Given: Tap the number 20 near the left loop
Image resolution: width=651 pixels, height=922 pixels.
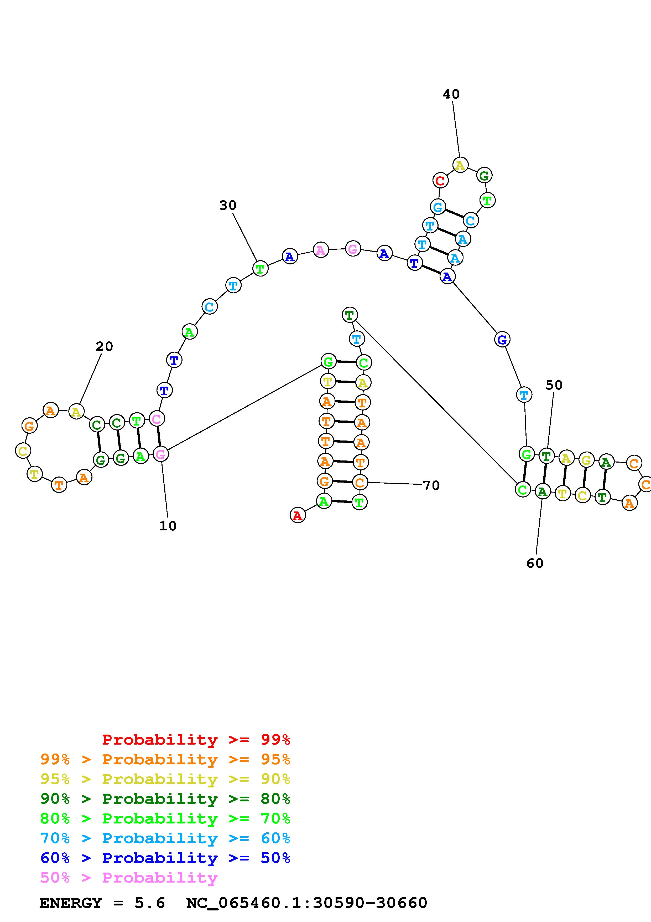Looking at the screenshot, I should [x=104, y=346].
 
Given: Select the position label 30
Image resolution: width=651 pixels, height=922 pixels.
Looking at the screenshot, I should [x=228, y=205].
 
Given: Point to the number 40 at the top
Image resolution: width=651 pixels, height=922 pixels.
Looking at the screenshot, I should [x=451, y=94].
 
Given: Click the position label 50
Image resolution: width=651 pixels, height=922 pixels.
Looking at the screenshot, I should [x=554, y=385].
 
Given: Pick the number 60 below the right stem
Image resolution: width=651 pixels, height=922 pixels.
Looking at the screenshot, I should [x=535, y=564].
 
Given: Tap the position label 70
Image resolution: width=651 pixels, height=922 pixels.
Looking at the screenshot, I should [x=431, y=485].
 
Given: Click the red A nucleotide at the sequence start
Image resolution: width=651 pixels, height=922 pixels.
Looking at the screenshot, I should [x=297, y=515].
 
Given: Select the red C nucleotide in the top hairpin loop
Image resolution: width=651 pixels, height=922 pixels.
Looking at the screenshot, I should [x=440, y=181].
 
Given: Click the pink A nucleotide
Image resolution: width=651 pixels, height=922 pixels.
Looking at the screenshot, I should [x=320, y=250].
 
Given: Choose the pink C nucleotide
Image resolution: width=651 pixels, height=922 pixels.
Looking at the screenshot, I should [x=157, y=419].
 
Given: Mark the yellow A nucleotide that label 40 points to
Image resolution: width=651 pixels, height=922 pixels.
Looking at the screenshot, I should [x=460, y=165].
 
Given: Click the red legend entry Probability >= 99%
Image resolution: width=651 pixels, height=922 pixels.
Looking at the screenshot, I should [x=196, y=739].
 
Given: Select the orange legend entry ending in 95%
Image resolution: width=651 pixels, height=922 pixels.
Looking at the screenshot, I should [x=165, y=759].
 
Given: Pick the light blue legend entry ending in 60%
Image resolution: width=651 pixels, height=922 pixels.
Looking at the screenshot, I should [x=165, y=838].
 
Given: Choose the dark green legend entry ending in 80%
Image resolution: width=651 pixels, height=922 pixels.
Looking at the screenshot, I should [x=165, y=799].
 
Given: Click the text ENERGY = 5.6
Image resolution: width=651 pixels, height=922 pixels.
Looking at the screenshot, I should [x=102, y=903].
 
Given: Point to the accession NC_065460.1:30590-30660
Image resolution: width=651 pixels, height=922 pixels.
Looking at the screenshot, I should [x=306, y=903].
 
